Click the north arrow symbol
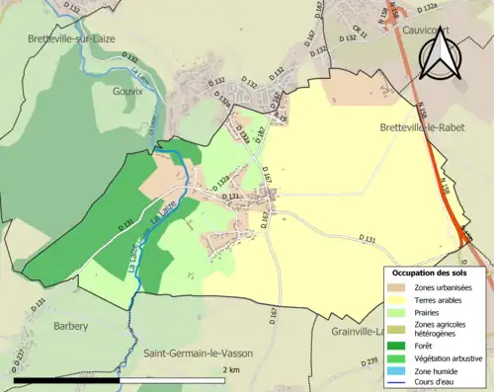[439, 55]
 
